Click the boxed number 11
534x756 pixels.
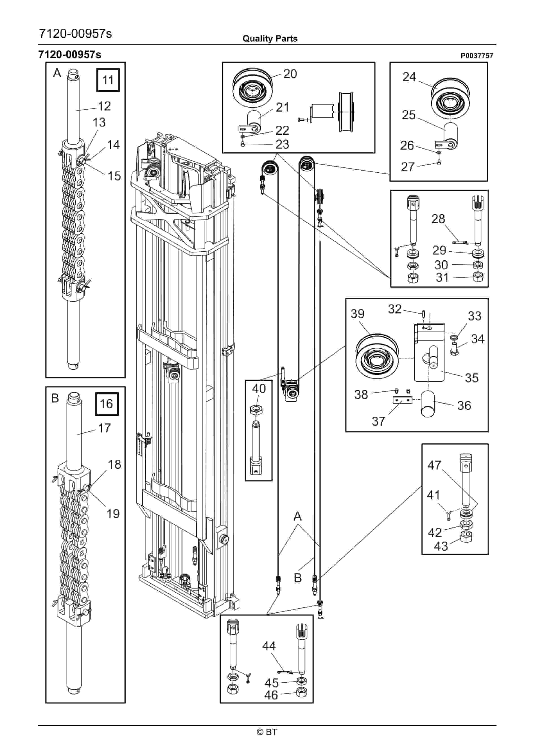pos(108,80)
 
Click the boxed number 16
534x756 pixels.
pos(107,404)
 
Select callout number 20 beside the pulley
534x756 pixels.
pos(290,74)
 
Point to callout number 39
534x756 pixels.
pos(358,313)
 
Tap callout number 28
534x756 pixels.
pos(438,219)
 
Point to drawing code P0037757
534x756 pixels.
pos(477,56)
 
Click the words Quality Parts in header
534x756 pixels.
pos(270,39)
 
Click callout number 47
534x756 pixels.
pos(434,465)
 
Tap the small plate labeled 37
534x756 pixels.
pos(402,400)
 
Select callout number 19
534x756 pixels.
pos(113,514)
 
